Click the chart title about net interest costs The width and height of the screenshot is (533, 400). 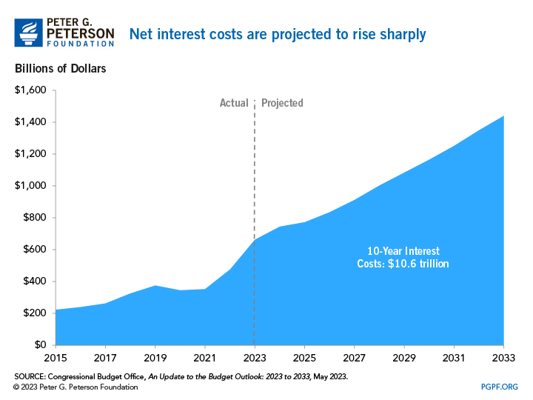coord(278,34)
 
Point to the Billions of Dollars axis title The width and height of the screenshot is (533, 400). coord(60,69)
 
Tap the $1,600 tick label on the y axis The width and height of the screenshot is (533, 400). coord(30,90)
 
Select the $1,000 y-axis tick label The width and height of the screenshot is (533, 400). coord(30,186)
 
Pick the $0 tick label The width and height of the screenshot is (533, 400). coord(39,345)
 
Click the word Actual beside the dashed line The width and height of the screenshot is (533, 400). coord(234,103)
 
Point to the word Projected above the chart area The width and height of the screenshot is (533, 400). coord(282,103)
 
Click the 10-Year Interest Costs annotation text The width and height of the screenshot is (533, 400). coord(398,256)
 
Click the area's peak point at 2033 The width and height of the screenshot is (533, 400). coord(503,116)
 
